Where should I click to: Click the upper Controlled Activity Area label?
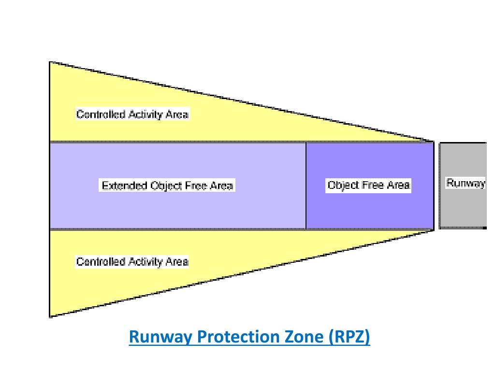click(132, 114)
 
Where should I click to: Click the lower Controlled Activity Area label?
click(132, 262)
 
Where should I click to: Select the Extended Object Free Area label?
click(167, 185)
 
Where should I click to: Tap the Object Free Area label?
click(368, 185)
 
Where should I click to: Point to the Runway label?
click(465, 183)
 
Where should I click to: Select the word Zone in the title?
click(305, 337)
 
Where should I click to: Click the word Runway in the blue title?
click(160, 337)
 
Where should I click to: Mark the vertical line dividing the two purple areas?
click(306, 185)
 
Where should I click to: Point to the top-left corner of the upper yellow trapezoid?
click(50, 62)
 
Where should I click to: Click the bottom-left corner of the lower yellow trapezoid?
click(50, 316)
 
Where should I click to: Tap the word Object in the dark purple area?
click(342, 185)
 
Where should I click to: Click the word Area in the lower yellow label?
click(177, 262)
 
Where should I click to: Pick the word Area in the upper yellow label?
click(177, 114)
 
